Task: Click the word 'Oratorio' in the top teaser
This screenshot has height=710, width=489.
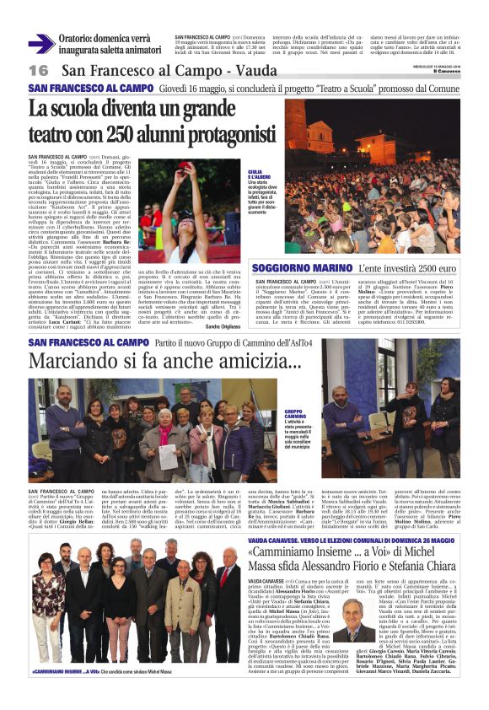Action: pos(76,38)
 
